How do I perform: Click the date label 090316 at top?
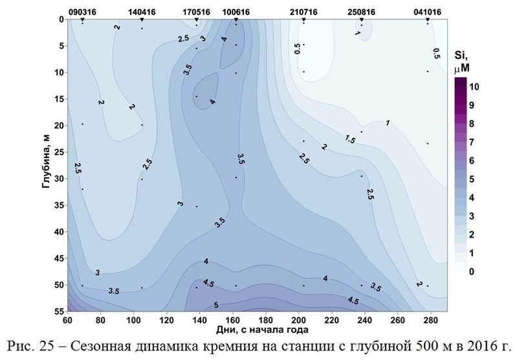(82, 12)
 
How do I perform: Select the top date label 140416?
(141, 12)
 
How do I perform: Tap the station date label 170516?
(196, 12)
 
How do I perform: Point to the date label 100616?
(235, 12)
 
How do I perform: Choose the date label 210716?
(303, 12)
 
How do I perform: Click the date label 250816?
(361, 12)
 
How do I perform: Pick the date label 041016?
(428, 12)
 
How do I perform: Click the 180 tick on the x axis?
(265, 320)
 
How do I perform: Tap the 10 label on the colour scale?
(474, 86)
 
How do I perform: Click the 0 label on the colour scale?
(470, 271)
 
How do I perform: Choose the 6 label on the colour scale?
(470, 160)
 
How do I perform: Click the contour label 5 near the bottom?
(216, 306)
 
